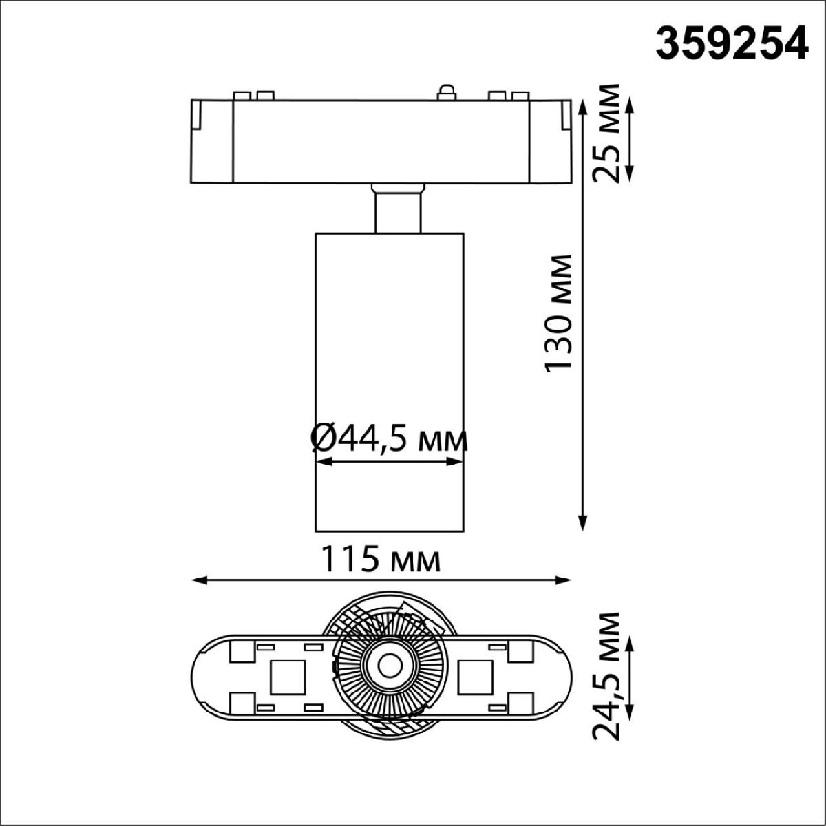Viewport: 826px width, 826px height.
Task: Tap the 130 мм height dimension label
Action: tap(558, 313)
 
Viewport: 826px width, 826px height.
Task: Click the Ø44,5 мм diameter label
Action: tap(389, 438)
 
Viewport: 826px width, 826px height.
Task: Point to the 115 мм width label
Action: tap(381, 560)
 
